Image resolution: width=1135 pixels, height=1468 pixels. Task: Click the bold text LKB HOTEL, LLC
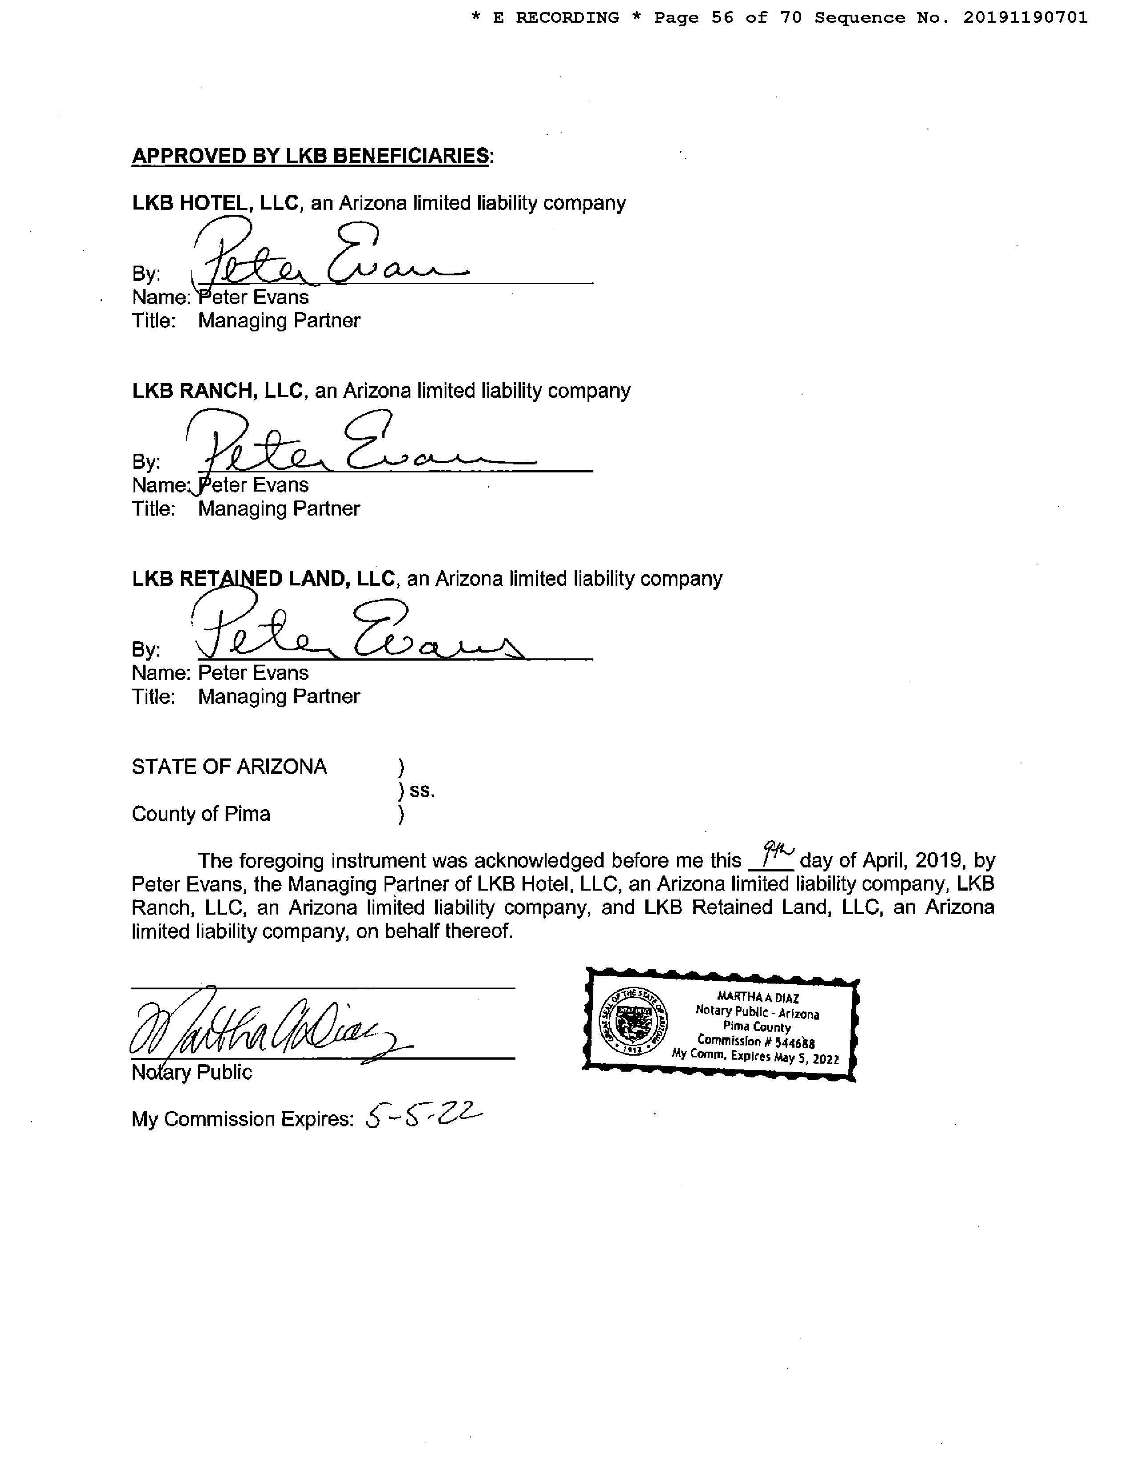tap(215, 203)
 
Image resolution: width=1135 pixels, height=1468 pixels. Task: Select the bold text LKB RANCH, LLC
tap(218, 391)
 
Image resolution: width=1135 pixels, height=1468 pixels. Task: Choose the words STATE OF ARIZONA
tap(229, 767)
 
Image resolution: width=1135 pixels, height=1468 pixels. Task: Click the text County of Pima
tap(201, 814)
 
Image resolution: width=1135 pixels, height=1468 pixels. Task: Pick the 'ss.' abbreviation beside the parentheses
tap(422, 791)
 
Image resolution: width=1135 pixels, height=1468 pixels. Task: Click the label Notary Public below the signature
tap(192, 1072)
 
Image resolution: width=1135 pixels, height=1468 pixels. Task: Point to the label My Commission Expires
tap(242, 1119)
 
